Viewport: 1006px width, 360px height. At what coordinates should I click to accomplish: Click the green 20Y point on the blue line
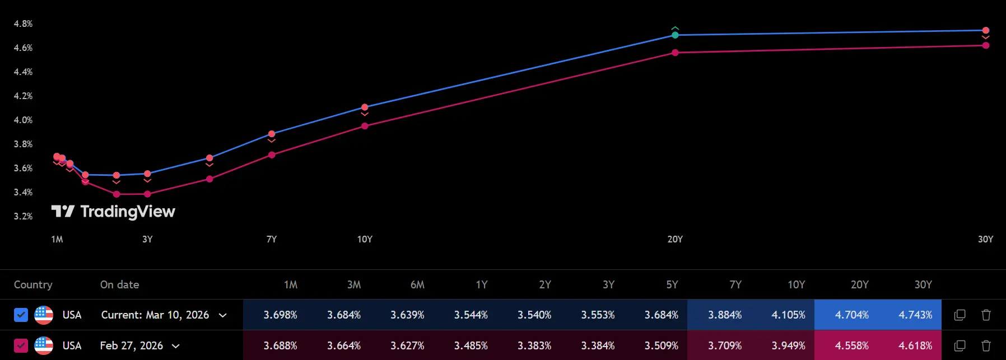pos(675,35)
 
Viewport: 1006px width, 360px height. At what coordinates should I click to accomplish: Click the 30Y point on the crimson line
pos(985,45)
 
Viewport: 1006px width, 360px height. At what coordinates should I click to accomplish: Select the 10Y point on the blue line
pos(365,107)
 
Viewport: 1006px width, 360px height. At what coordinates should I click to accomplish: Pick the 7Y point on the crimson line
pos(272,155)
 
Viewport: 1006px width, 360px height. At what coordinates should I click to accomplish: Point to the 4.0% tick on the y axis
pos(23,120)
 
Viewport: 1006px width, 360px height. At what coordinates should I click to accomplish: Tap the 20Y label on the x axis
pos(675,239)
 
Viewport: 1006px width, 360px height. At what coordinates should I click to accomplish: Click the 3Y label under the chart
pos(147,239)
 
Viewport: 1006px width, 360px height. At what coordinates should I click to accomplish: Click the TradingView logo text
pos(127,211)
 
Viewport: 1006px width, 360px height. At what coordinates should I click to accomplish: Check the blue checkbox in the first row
pos(21,315)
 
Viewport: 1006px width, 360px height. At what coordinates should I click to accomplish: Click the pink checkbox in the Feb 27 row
pos(21,345)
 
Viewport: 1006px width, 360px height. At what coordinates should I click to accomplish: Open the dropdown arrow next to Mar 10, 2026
pos(222,315)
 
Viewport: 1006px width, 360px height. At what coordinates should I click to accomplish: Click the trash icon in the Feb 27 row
pos(986,345)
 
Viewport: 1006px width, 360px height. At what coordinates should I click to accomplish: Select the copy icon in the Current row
pos(960,315)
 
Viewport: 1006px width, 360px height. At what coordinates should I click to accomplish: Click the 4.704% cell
pos(851,315)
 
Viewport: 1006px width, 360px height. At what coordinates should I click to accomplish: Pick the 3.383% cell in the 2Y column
pos(534,345)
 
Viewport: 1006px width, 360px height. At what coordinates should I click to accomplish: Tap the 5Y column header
pos(672,284)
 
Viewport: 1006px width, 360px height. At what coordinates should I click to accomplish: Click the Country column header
pos(33,284)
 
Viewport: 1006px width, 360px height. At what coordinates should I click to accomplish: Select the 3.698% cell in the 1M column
pos(280,315)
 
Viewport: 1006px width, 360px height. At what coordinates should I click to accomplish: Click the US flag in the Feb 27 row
pos(44,345)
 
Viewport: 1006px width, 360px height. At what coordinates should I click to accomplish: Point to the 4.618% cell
pos(915,345)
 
